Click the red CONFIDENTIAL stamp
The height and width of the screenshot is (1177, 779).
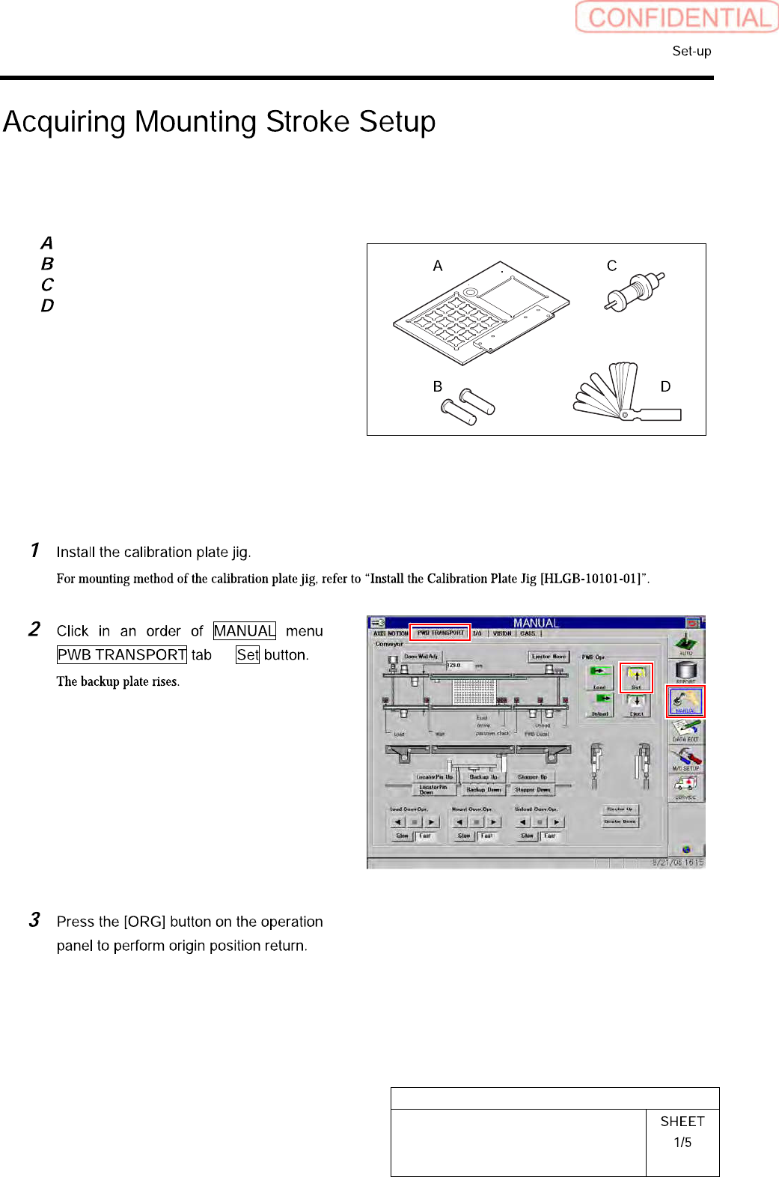676,17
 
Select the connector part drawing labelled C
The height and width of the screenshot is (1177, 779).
635,291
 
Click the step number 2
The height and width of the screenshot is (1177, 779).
34,630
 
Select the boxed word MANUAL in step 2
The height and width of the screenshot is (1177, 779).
245,631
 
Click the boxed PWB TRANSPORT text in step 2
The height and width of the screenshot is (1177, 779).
122,655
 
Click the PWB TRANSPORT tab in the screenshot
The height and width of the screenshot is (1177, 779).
440,633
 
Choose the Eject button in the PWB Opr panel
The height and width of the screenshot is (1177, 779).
636,705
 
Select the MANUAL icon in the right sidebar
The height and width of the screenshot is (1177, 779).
685,702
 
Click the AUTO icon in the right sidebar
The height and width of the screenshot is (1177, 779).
685,644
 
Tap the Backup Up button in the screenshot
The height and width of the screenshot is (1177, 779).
483,777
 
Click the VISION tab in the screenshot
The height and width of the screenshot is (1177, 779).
502,633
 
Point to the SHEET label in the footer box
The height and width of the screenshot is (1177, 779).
682,1122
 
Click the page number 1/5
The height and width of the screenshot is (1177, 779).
682,1143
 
